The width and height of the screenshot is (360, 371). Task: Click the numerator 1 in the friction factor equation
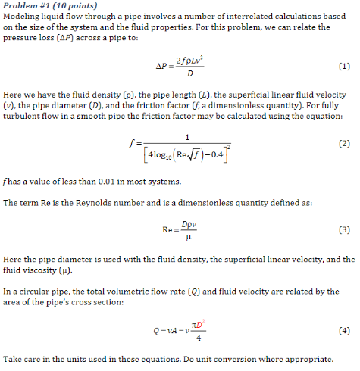(186, 136)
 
